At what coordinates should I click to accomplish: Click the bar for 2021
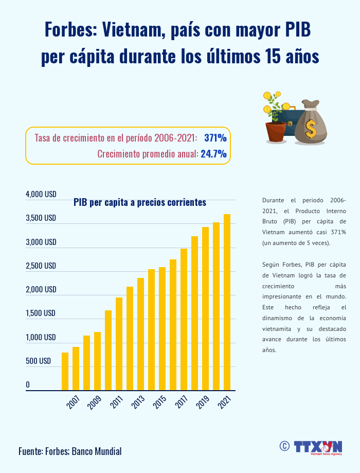point(227,302)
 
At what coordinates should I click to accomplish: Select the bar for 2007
point(76,369)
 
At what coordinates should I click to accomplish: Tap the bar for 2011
point(119,344)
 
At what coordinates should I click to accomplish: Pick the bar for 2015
point(162,328)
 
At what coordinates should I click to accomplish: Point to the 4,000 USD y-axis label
point(41,195)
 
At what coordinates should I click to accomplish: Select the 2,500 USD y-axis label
point(41,266)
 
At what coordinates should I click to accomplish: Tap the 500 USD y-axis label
point(39,361)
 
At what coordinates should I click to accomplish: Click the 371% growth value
point(215,138)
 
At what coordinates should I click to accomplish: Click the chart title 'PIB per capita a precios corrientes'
point(140,202)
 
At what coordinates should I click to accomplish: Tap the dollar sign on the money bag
point(310,129)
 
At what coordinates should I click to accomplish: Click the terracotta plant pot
point(276,132)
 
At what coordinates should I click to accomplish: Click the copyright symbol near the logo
point(283,446)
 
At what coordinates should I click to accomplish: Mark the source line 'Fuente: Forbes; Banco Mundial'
point(70,451)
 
